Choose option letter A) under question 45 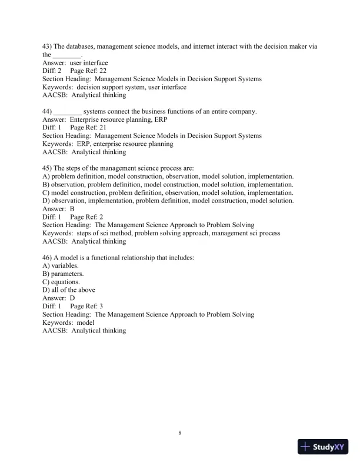coord(46,177)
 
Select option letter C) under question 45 coord(46,192)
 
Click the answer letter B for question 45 coord(72,209)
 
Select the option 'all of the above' coord(74,290)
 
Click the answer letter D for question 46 coord(72,298)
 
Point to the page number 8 coord(180,433)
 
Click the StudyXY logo coord(324,447)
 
